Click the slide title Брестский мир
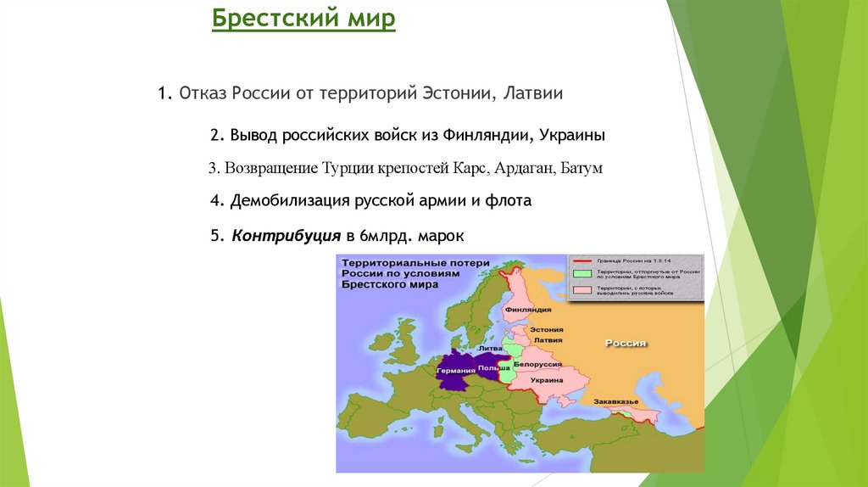(x=303, y=18)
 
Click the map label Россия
(x=626, y=343)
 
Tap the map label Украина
(x=548, y=380)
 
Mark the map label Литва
(x=491, y=348)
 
